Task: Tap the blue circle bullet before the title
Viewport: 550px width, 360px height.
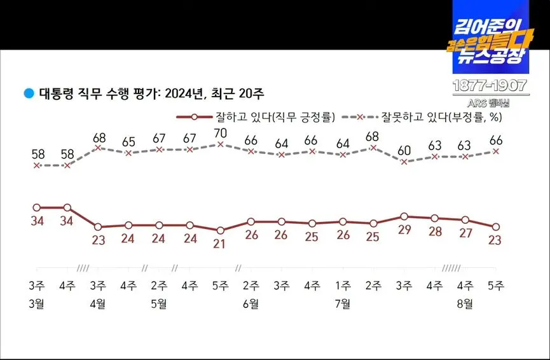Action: [28, 93]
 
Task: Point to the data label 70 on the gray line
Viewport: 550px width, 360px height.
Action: [220, 134]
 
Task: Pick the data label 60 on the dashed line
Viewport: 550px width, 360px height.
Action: [404, 151]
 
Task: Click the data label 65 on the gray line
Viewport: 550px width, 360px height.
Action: [128, 142]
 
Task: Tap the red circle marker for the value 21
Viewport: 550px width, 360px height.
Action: [220, 230]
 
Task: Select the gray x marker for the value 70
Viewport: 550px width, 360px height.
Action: [220, 144]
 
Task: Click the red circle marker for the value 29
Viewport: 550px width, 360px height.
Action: [404, 217]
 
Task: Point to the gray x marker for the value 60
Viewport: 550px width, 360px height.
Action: [404, 162]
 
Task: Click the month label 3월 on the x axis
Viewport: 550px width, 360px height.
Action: [37, 303]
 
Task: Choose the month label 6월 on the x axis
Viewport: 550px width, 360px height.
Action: [251, 303]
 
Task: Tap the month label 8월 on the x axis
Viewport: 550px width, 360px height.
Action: [465, 303]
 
